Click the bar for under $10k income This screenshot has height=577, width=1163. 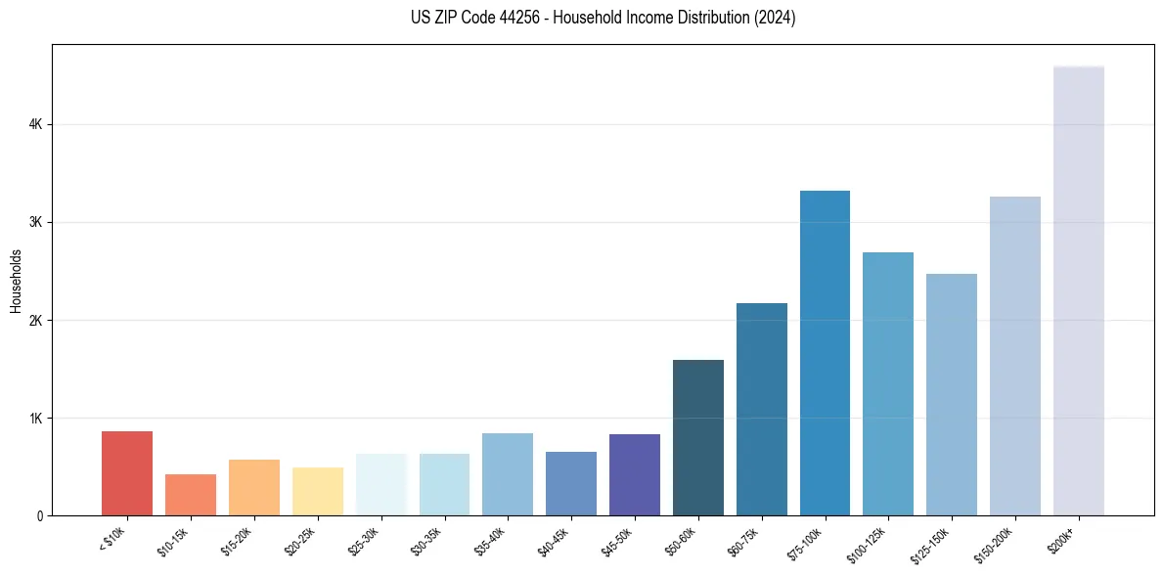(x=127, y=473)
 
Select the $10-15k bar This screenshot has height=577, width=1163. (x=191, y=495)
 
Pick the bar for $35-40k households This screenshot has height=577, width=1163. (x=508, y=474)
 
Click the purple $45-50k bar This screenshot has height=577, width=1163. (x=635, y=474)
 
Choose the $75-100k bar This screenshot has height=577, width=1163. (x=825, y=353)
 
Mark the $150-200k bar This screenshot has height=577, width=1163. (x=1015, y=356)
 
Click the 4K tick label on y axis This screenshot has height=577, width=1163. (x=35, y=125)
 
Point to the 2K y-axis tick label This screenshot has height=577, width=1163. (x=35, y=321)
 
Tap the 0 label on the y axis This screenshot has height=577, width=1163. (x=39, y=516)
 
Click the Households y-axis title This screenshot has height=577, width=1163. (x=16, y=281)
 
